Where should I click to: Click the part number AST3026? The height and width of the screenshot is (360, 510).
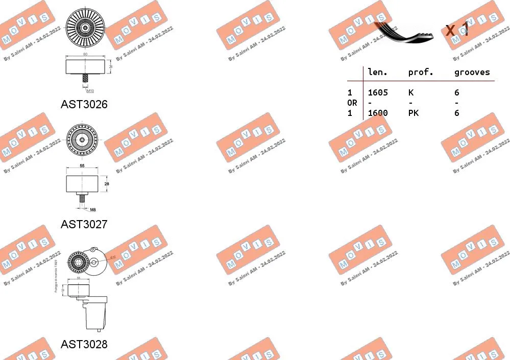[x=84, y=105]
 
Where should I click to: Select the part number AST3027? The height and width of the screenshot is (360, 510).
[x=84, y=224]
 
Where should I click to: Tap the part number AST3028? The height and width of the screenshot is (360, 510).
[x=84, y=344]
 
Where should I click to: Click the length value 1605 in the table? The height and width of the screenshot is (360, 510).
[x=378, y=92]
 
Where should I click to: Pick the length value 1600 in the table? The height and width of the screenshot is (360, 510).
[x=378, y=113]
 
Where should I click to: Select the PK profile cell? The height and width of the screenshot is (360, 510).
[x=413, y=113]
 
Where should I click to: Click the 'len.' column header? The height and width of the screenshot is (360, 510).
[x=378, y=73]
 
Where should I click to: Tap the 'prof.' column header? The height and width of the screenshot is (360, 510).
[x=420, y=73]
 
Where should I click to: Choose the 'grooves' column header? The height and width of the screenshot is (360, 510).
[x=472, y=73]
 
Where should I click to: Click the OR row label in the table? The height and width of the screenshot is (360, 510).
[x=352, y=103]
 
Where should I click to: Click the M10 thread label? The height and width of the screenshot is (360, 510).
[x=90, y=90]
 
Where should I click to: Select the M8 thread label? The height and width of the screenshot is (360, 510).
[x=92, y=209]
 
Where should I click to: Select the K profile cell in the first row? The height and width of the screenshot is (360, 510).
[x=410, y=92]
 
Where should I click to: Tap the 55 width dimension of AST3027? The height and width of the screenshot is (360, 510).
[x=82, y=166]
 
